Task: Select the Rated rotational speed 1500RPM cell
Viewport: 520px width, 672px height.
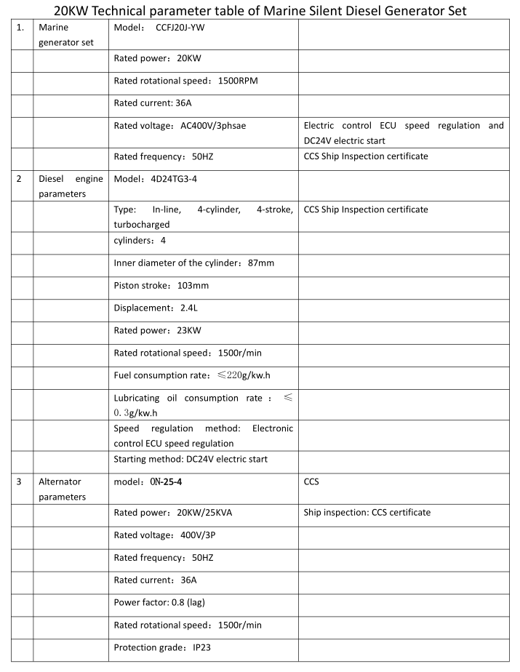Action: (185, 80)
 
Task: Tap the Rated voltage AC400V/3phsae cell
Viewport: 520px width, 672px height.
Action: (180, 125)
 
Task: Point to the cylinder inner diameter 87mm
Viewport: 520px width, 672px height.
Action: (194, 263)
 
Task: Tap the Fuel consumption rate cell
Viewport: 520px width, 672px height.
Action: (196, 375)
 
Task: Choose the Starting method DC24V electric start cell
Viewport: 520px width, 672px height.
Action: (191, 459)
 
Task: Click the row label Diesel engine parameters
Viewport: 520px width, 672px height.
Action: (71, 186)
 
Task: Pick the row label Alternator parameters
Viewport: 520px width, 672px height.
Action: (62, 489)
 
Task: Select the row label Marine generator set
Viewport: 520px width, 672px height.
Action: (66, 35)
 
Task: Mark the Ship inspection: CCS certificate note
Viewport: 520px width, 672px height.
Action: (367, 512)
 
